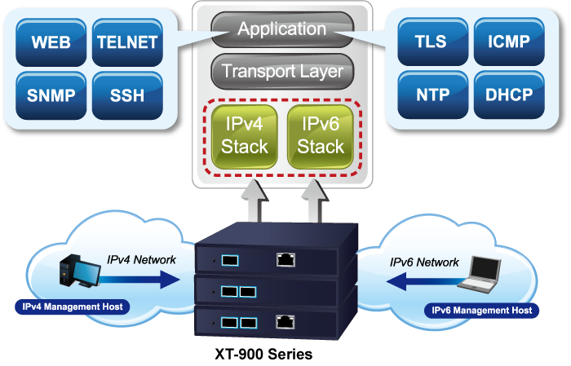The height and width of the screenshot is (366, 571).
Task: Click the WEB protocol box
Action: coord(51,42)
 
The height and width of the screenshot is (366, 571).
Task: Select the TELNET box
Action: coord(126,42)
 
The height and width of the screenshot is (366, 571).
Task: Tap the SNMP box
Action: coord(51,95)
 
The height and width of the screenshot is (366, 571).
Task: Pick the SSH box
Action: coord(126,95)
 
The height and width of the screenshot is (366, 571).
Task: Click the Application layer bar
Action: coord(281,30)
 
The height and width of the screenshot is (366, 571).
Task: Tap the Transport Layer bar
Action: coord(281,71)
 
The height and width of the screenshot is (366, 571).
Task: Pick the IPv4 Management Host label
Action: coord(73,306)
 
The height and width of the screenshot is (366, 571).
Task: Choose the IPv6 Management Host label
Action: coord(481,311)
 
